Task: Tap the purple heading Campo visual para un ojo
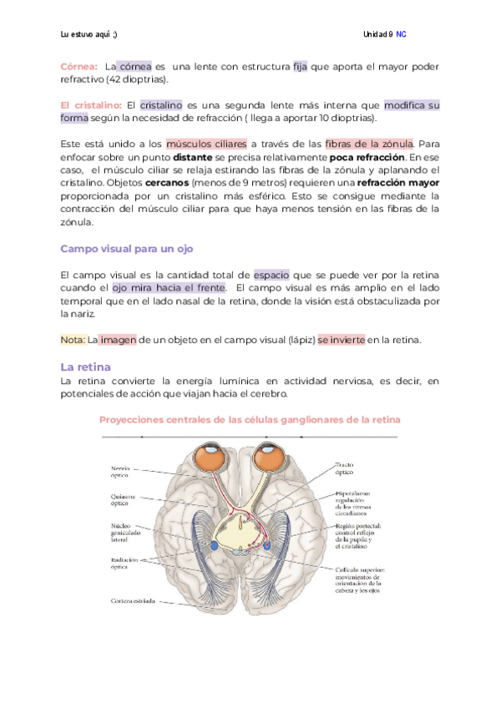coord(127,249)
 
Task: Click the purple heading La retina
coord(86,367)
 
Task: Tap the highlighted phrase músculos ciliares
coord(207,144)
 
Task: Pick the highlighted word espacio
coord(273,275)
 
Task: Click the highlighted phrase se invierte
coord(341,340)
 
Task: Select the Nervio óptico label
coord(119,473)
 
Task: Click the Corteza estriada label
coord(132,600)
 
